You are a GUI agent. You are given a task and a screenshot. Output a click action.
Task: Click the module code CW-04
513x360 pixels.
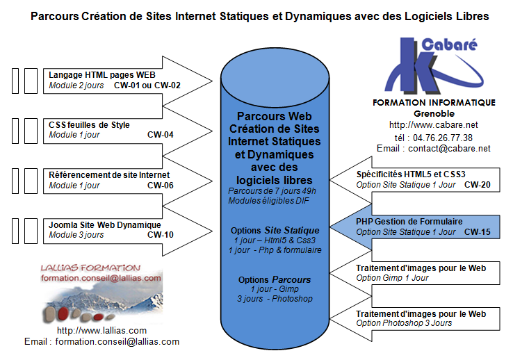(161, 135)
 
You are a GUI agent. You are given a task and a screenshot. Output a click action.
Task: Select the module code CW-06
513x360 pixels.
(161, 186)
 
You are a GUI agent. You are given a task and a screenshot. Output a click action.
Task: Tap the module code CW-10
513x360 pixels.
(161, 235)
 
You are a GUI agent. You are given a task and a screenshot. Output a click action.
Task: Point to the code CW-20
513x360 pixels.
(478, 185)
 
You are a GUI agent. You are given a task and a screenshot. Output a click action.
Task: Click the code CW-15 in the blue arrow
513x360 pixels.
(478, 232)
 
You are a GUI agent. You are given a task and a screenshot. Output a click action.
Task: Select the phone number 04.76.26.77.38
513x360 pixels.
(443, 138)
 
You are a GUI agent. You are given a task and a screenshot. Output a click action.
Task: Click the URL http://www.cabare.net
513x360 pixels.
(434, 125)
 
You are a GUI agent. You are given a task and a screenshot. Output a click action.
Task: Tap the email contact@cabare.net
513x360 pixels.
(449, 149)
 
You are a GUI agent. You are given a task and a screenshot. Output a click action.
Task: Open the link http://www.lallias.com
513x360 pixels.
(101, 331)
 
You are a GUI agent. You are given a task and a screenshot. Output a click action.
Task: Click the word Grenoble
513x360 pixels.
(434, 114)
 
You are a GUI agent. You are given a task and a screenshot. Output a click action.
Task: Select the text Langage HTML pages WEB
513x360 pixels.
(102, 75)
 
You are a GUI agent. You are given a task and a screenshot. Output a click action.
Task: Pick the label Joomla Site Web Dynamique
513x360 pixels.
(105, 225)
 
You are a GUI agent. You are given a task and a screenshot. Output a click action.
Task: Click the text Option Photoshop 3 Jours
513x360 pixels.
(404, 323)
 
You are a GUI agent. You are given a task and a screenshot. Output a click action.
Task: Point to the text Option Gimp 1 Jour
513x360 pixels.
(392, 278)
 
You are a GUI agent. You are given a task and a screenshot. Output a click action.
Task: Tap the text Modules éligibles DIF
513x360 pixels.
(268, 201)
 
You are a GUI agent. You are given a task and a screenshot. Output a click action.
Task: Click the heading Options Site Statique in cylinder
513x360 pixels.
(275, 231)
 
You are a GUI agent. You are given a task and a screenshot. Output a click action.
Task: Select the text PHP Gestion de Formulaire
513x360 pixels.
(409, 222)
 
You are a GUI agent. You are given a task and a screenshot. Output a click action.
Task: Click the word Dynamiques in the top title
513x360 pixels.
(318, 17)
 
